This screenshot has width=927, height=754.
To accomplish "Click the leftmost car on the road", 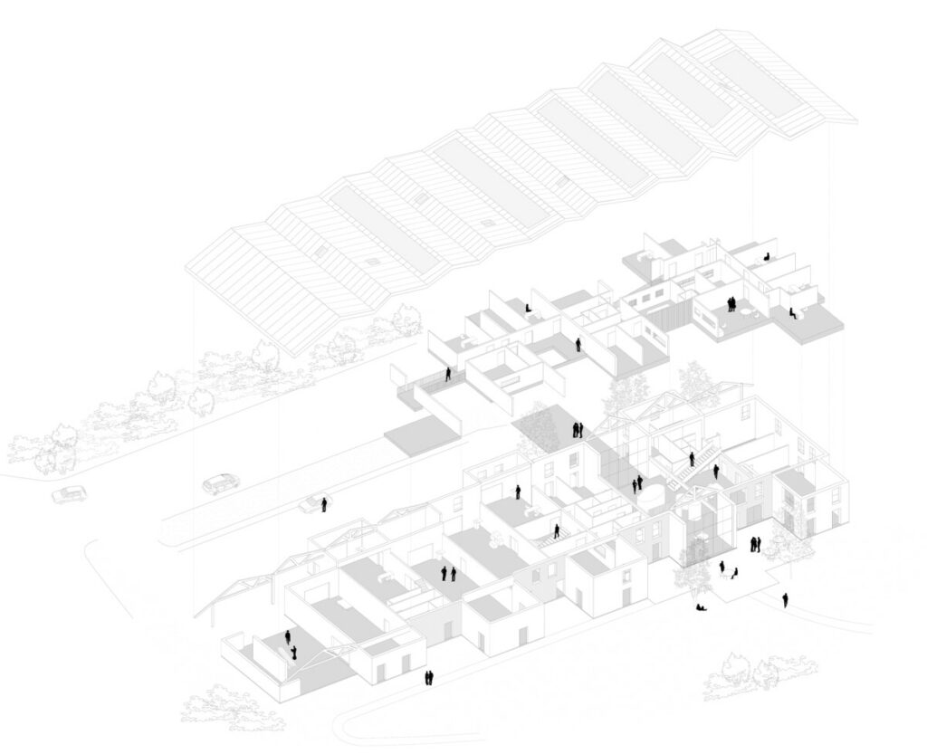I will [x=66, y=494].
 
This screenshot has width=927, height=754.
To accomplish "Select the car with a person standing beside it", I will [x=311, y=504].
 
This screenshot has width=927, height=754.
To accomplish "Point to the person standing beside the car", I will [x=323, y=501].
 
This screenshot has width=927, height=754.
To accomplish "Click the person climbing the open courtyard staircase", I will [x=691, y=461].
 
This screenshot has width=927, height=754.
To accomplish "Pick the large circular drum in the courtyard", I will [x=652, y=492].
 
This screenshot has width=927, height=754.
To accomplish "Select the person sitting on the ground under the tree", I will [x=701, y=606].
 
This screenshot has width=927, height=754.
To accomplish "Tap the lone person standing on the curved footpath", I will [x=785, y=599].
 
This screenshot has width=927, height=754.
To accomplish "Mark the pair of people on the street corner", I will [x=429, y=677].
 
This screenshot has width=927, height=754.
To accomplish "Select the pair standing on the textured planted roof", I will [x=576, y=429].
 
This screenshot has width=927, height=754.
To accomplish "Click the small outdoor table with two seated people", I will [x=727, y=571].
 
